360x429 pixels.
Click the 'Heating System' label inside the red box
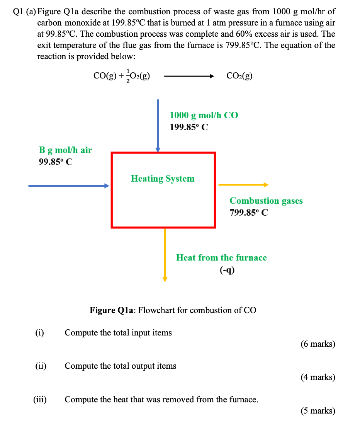pyautogui.click(x=163, y=179)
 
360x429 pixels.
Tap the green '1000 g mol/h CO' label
pyautogui.click(x=204, y=115)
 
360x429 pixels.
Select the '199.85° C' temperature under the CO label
pyautogui.click(x=189, y=127)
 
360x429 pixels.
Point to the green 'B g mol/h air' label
pyautogui.click(x=66, y=150)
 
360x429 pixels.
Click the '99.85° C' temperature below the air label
pyautogui.click(x=56, y=162)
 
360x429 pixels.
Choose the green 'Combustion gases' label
pyautogui.click(x=266, y=201)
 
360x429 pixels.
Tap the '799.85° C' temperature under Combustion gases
pyautogui.click(x=249, y=213)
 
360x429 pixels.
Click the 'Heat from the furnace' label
pyautogui.click(x=221, y=257)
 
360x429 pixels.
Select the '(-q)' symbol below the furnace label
pyautogui.click(x=227, y=270)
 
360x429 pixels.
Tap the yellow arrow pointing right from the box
pyautogui.click(x=243, y=185)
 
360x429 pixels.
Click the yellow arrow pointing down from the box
pyautogui.click(x=165, y=255)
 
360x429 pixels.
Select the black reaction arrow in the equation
pyautogui.click(x=189, y=77)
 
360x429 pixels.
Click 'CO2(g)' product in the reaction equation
pyautogui.click(x=240, y=76)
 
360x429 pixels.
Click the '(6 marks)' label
pyautogui.click(x=318, y=344)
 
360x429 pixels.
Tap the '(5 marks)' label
pyautogui.click(x=318, y=410)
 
